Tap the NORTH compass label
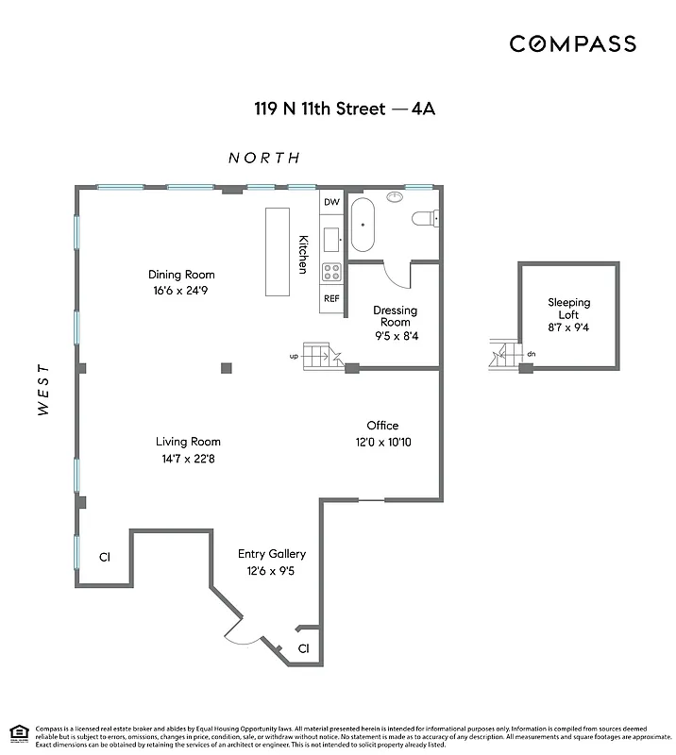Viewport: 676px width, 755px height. coord(264,158)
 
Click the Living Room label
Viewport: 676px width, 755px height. coord(188,441)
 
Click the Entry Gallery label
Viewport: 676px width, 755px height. coord(271,554)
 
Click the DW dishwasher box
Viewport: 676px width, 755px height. coord(330,203)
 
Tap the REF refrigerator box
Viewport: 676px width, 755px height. coord(331,298)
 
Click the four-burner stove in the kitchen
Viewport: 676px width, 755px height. coord(331,272)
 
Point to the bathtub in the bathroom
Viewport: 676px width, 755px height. coord(363,225)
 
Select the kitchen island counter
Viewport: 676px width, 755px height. coord(279,252)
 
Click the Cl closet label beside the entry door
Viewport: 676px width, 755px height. coord(303,648)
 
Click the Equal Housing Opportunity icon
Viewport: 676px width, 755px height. coord(18,732)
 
